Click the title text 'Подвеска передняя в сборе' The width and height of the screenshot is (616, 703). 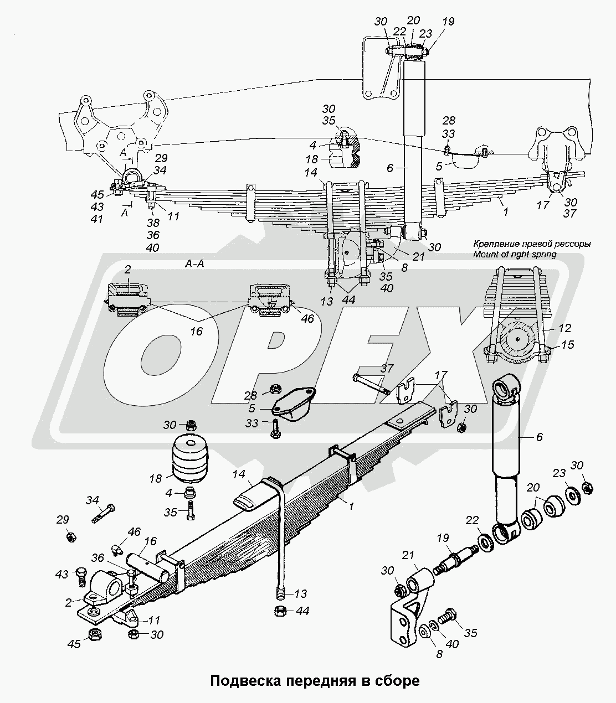tap(314, 680)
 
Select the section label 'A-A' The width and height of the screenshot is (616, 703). tap(194, 264)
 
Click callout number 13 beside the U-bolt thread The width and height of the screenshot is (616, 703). tap(300, 594)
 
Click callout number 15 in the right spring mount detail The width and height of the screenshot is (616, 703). tap(567, 345)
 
